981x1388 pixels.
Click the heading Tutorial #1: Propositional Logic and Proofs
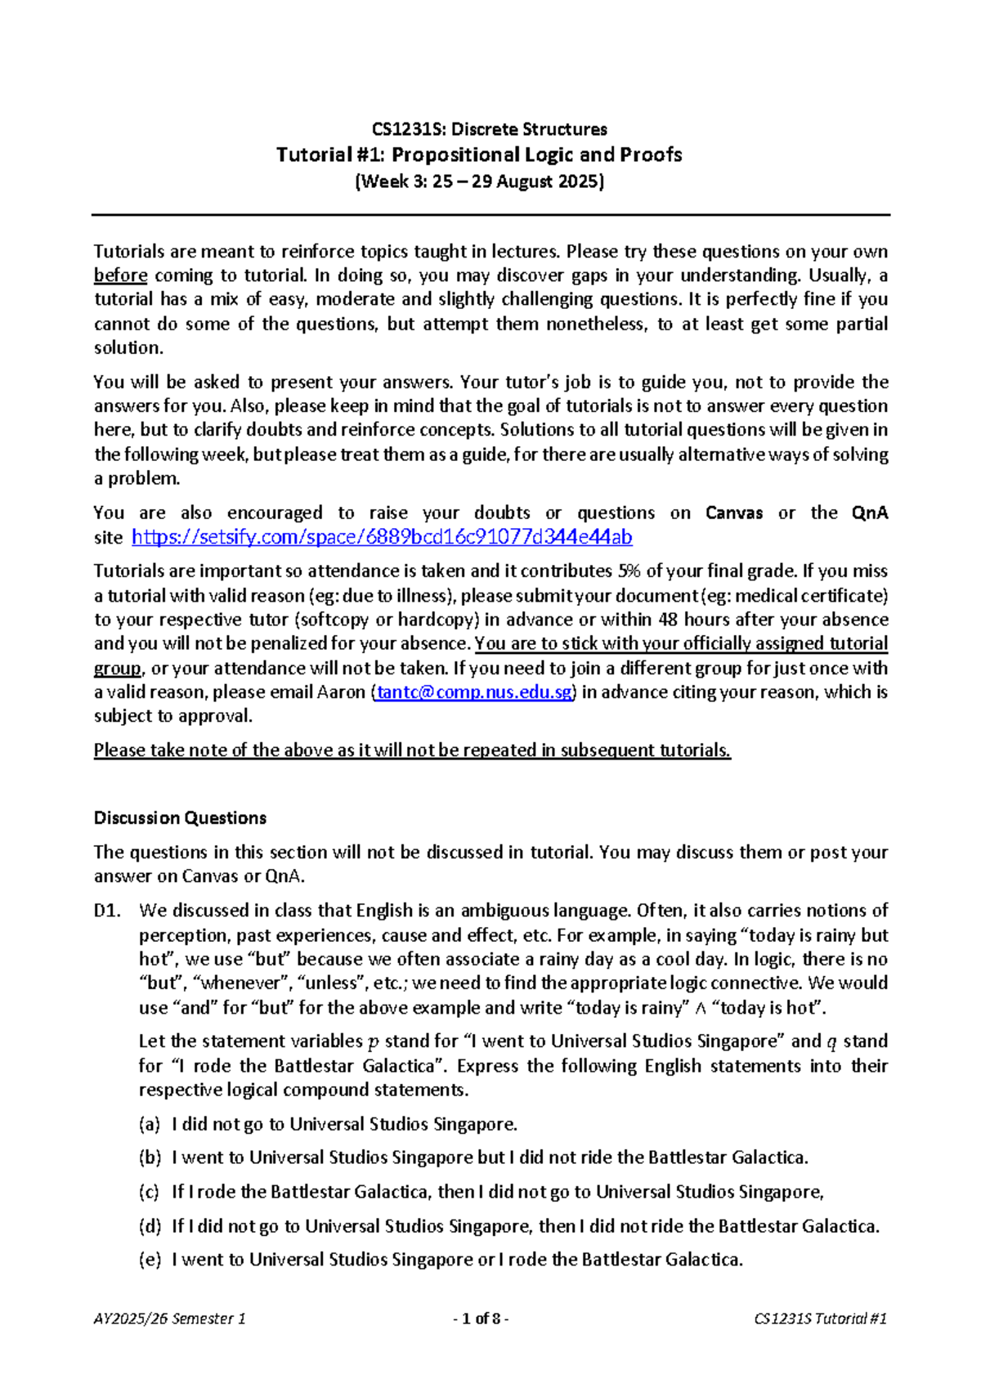[479, 154]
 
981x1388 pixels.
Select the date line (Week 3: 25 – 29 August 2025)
[479, 181]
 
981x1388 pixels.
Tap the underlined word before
[120, 275]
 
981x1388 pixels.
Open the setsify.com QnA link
[382, 537]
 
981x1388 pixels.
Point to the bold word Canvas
[733, 513]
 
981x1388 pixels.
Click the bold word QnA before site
[869, 513]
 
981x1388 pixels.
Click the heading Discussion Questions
[180, 818]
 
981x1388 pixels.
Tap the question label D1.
[107, 911]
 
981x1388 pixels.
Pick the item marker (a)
[149, 1125]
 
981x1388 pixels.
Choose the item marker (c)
[149, 1193]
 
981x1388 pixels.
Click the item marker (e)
[149, 1260]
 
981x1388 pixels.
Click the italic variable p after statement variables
[374, 1042]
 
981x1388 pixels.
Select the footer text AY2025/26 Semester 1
[169, 1319]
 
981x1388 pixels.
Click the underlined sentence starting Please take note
[412, 750]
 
